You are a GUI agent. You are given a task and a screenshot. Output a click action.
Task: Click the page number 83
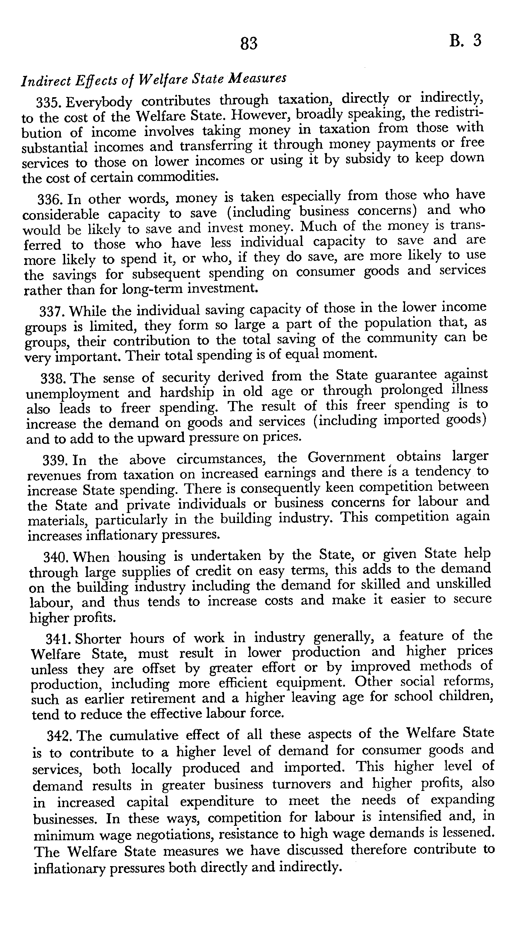249,44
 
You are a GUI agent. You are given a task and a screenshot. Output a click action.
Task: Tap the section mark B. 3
465,40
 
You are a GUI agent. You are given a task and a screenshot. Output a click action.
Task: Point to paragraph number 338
54,379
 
